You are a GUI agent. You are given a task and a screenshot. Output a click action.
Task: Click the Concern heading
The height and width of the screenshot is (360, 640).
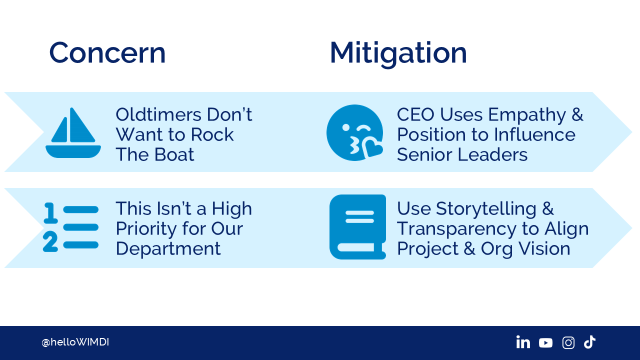pos(107,53)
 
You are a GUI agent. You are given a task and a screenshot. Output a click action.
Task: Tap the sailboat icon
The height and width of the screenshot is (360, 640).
pos(73,133)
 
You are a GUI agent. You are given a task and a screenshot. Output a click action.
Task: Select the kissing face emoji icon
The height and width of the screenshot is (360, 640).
pos(354,133)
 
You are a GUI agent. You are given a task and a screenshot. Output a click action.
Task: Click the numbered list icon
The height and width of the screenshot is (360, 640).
pos(71,227)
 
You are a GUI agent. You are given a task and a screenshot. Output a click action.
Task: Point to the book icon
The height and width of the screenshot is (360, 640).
pos(357,227)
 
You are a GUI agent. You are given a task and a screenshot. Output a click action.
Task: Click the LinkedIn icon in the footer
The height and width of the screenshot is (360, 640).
pos(523,342)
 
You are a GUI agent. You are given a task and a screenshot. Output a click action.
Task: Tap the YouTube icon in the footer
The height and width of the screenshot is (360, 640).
pos(545,343)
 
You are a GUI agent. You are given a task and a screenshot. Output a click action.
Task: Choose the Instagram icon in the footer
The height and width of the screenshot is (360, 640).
pos(568,342)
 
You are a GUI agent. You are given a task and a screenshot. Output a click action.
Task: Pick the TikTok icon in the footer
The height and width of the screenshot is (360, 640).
pos(589,342)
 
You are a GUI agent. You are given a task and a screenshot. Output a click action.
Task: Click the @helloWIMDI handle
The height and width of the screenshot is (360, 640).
pos(75,342)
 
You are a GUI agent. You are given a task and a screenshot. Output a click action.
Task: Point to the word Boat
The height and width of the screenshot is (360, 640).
pos(174,154)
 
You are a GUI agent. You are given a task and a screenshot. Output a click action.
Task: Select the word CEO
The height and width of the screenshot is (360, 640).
pos(416,114)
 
